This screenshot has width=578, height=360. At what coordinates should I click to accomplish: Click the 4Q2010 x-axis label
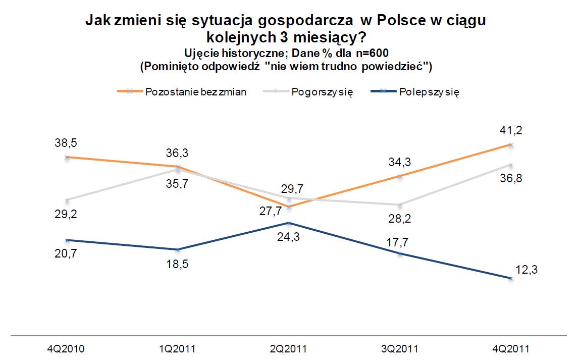click(x=67, y=348)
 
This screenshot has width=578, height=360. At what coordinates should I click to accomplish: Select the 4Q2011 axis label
click(x=511, y=348)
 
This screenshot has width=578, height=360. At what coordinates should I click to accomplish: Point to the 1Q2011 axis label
click(x=178, y=348)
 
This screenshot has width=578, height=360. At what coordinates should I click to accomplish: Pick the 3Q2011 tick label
click(x=400, y=348)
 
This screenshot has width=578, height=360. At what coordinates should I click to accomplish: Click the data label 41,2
click(x=510, y=131)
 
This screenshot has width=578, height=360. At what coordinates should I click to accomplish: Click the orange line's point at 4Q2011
click(x=511, y=145)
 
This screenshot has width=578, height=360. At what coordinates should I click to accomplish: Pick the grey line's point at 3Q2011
click(x=400, y=205)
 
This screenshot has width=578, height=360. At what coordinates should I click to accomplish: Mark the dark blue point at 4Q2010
click(x=67, y=240)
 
